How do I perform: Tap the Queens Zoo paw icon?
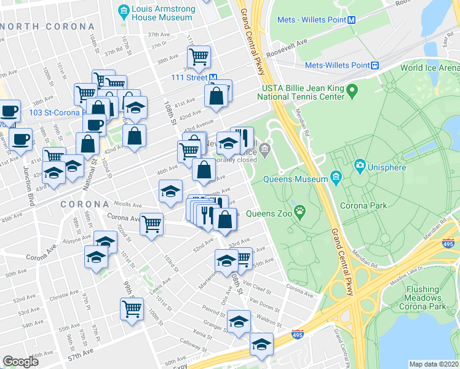coord(299,213)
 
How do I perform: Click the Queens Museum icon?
coord(336,179)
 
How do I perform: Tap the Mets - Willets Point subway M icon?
coord(352,19)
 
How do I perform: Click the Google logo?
coord(20,361)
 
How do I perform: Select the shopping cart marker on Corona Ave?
coord(151,223)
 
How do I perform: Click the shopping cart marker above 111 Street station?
coord(199,57)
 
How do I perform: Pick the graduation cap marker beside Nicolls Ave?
coord(170,190)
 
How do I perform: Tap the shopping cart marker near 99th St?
coord(132,309)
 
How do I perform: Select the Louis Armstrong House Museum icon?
coord(124,9)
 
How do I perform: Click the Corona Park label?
coord(368,205)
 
